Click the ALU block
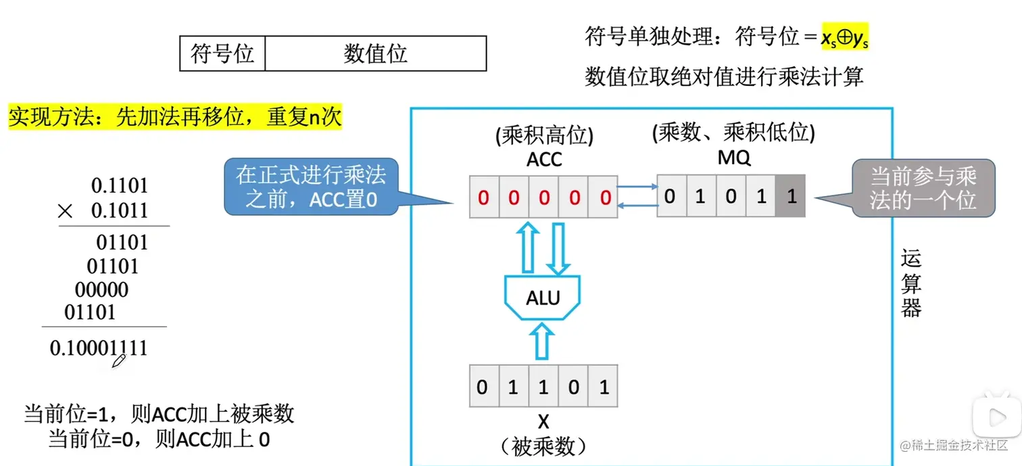click(543, 297)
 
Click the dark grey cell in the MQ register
click(791, 197)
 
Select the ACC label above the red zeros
click(543, 160)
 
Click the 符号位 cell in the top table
click(222, 53)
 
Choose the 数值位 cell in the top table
click(375, 53)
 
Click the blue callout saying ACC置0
click(311, 187)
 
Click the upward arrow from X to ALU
click(543, 341)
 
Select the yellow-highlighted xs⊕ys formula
click(844, 39)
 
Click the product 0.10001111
click(99, 348)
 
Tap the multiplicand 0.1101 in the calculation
click(119, 186)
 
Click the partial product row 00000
click(101, 290)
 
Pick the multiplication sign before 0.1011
click(65, 211)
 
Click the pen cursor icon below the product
click(119, 363)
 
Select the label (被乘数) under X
click(543, 446)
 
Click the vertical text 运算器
click(911, 283)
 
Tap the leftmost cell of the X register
click(484, 388)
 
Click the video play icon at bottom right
click(996, 417)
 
